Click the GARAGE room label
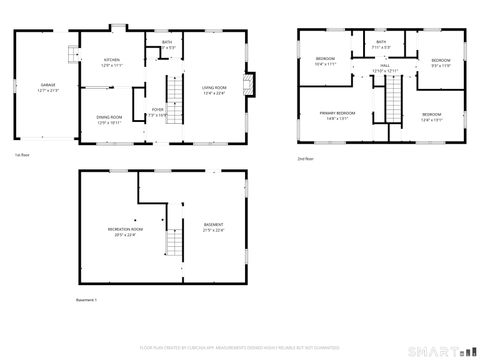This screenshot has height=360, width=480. [x=42, y=88]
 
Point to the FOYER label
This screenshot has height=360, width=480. [x=157, y=111]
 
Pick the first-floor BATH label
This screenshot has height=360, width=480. [x=167, y=44]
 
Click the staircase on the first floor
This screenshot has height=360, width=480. [x=176, y=100]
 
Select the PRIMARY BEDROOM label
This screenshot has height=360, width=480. [x=338, y=115]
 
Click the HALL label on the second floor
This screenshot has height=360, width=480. [x=385, y=69]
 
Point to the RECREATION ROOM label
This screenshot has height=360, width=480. [x=125, y=231]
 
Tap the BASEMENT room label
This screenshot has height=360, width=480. [x=213, y=226]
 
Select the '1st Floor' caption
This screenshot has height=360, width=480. [x=23, y=155]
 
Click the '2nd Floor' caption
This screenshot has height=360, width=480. [x=305, y=158]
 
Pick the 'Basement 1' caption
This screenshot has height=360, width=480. [x=88, y=299]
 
